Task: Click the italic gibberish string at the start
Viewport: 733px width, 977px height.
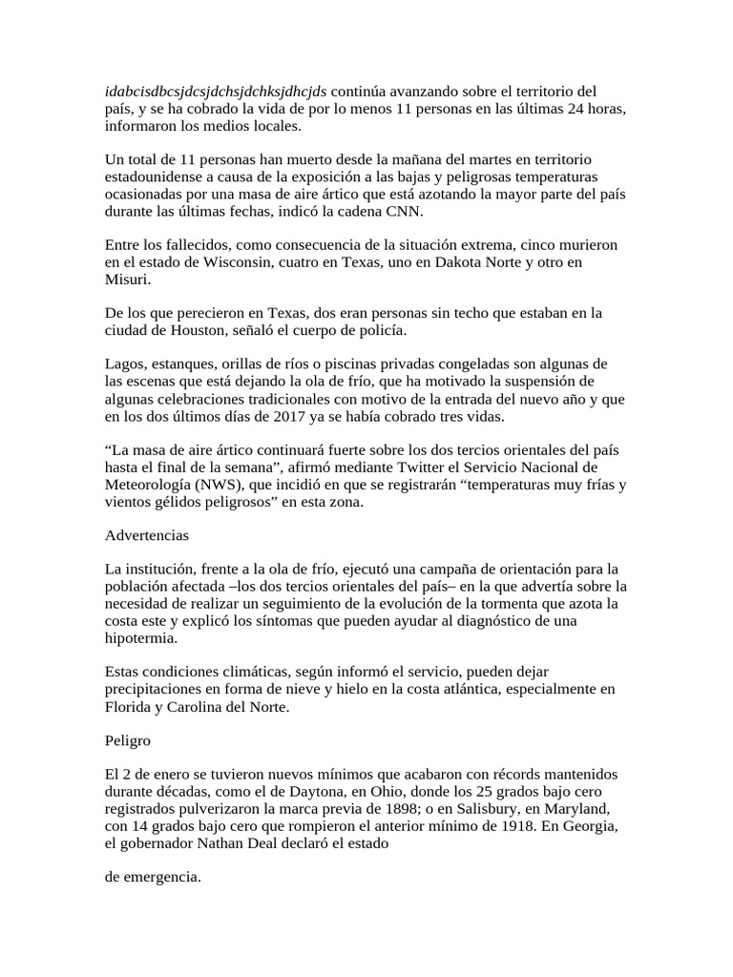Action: [x=216, y=92]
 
